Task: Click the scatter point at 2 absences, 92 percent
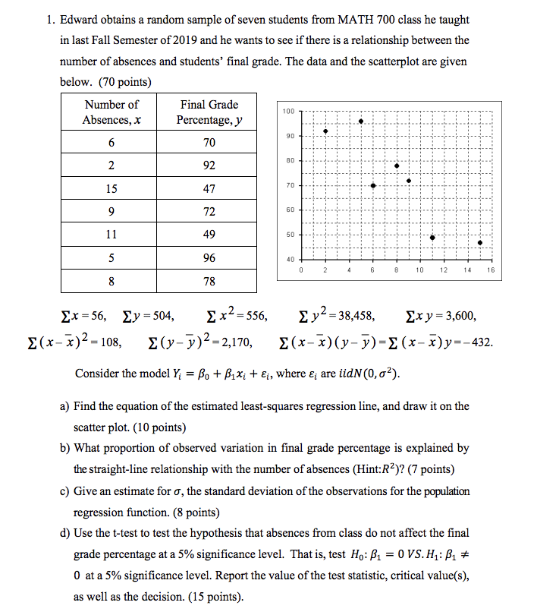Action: tap(325, 131)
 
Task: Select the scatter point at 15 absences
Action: tap(479, 243)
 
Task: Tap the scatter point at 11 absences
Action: tap(432, 238)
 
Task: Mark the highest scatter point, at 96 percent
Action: tap(361, 121)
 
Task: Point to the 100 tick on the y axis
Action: tap(287, 112)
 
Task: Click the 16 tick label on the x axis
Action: tap(491, 270)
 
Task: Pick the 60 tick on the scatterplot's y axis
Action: tap(287, 210)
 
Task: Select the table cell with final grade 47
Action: tap(209, 188)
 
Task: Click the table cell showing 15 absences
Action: tap(111, 188)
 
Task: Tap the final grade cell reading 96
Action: tap(209, 257)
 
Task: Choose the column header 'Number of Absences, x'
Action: tap(111, 112)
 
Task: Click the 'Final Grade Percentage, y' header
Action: tap(209, 112)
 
